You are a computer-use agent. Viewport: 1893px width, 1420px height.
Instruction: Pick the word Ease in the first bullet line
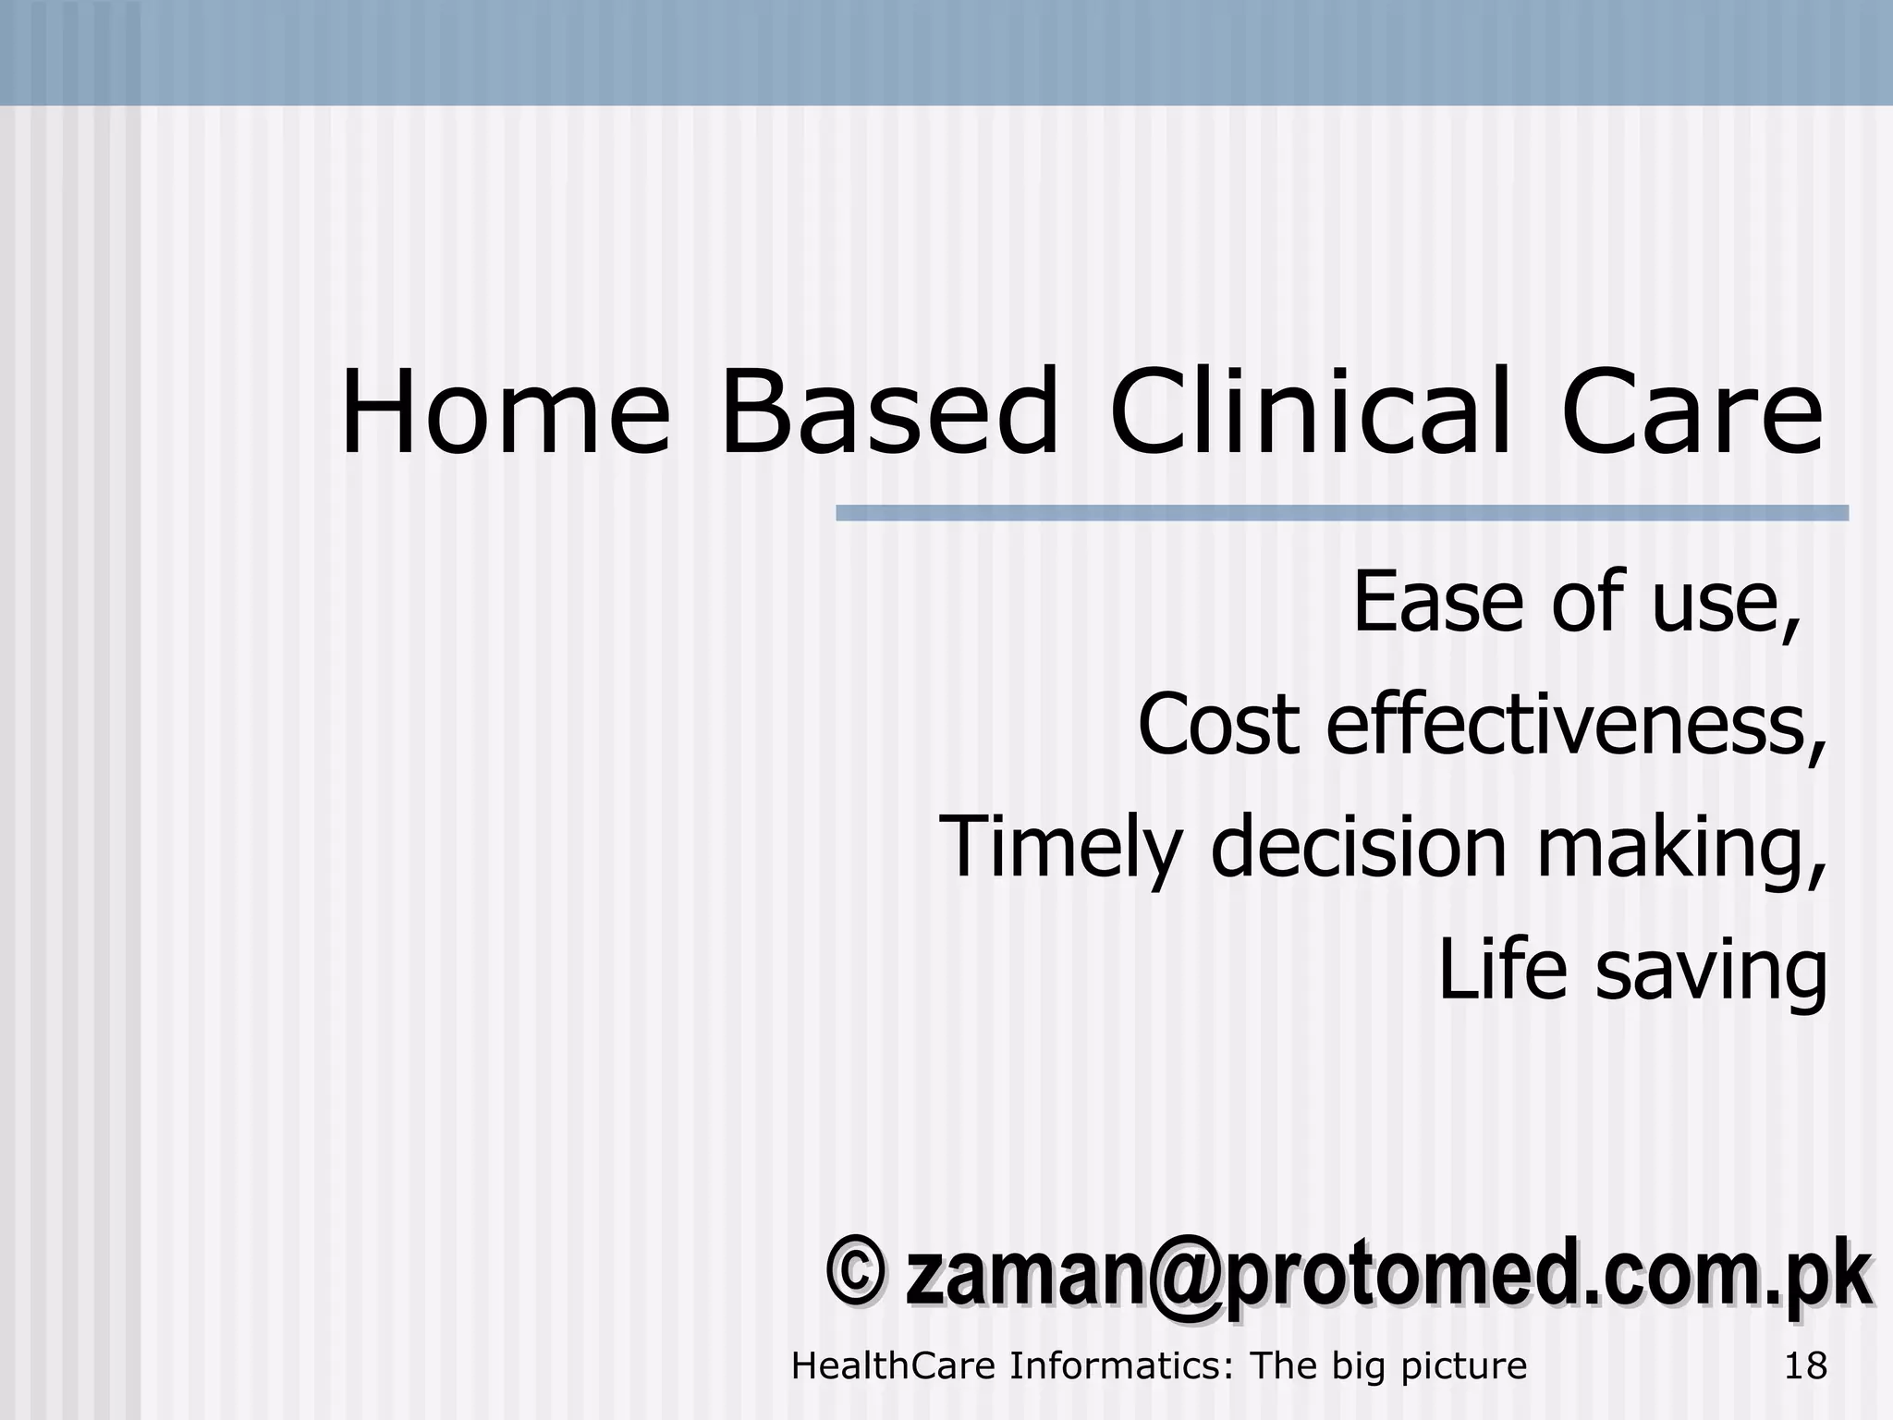pos(1438,602)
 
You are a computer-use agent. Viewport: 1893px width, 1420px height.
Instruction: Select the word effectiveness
pos(1576,724)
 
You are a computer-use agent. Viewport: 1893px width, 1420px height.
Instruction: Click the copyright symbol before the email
pos(854,1274)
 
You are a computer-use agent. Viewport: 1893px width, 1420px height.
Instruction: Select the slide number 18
pos(1805,1366)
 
